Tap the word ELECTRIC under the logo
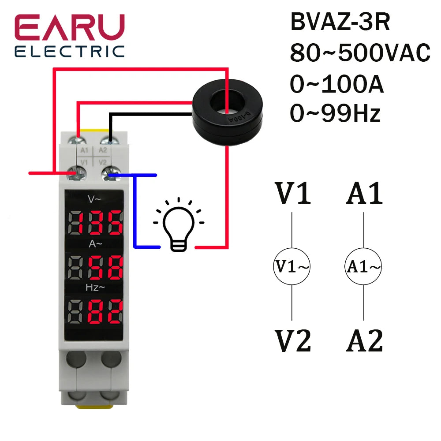point(70,51)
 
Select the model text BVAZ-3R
point(340,23)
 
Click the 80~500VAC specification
point(360,54)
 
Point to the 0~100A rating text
point(337,85)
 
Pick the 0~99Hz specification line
point(335,114)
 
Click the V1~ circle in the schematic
point(292,266)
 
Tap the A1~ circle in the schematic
point(363,266)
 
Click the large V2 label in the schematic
point(293,341)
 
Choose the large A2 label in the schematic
point(364,341)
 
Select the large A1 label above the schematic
point(364,194)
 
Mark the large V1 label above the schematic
point(293,194)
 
